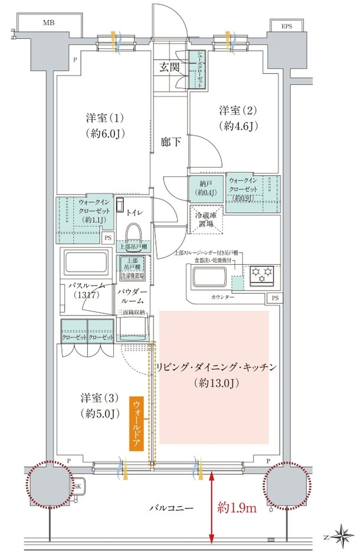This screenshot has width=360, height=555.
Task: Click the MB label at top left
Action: tap(46, 23)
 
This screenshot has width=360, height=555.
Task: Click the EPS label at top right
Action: tap(286, 26)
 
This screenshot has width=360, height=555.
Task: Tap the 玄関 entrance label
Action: tap(169, 67)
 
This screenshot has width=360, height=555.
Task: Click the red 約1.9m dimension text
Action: tap(236, 507)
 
